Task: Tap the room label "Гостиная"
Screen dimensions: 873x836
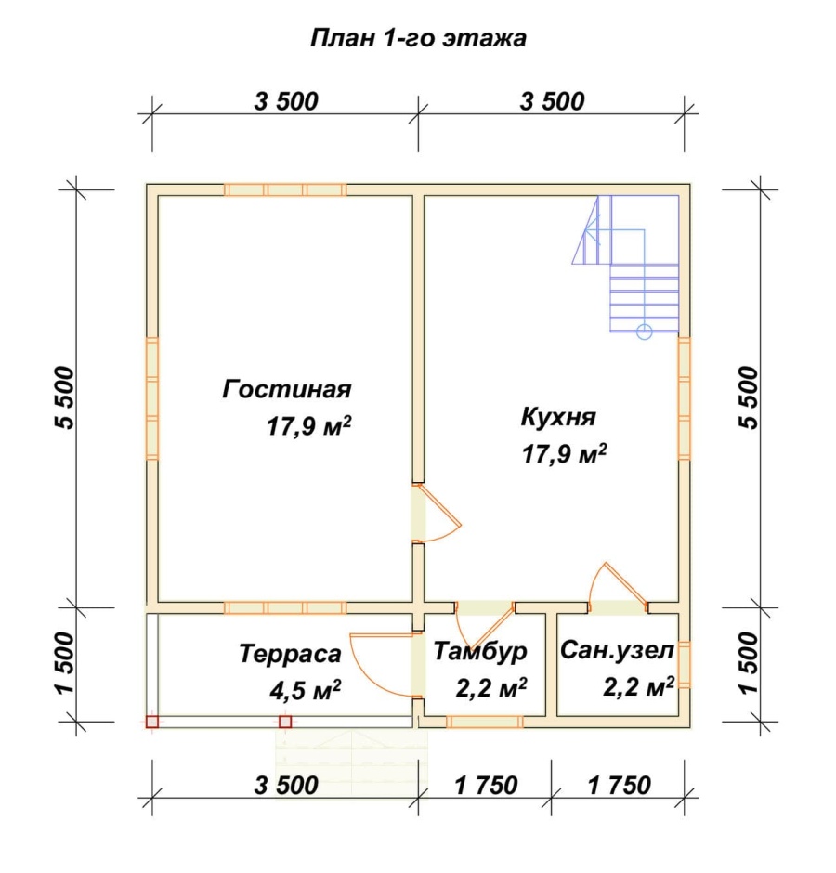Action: click(286, 388)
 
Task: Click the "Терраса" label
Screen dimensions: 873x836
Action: click(290, 653)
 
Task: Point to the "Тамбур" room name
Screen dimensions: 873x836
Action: click(480, 652)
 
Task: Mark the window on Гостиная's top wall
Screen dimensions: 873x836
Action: click(284, 189)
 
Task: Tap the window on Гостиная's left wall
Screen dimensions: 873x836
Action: click(152, 397)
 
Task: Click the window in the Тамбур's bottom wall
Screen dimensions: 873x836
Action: click(483, 722)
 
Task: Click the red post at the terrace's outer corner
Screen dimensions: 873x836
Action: click(152, 722)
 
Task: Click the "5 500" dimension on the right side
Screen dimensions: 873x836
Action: click(751, 397)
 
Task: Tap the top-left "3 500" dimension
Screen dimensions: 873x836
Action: click(285, 102)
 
